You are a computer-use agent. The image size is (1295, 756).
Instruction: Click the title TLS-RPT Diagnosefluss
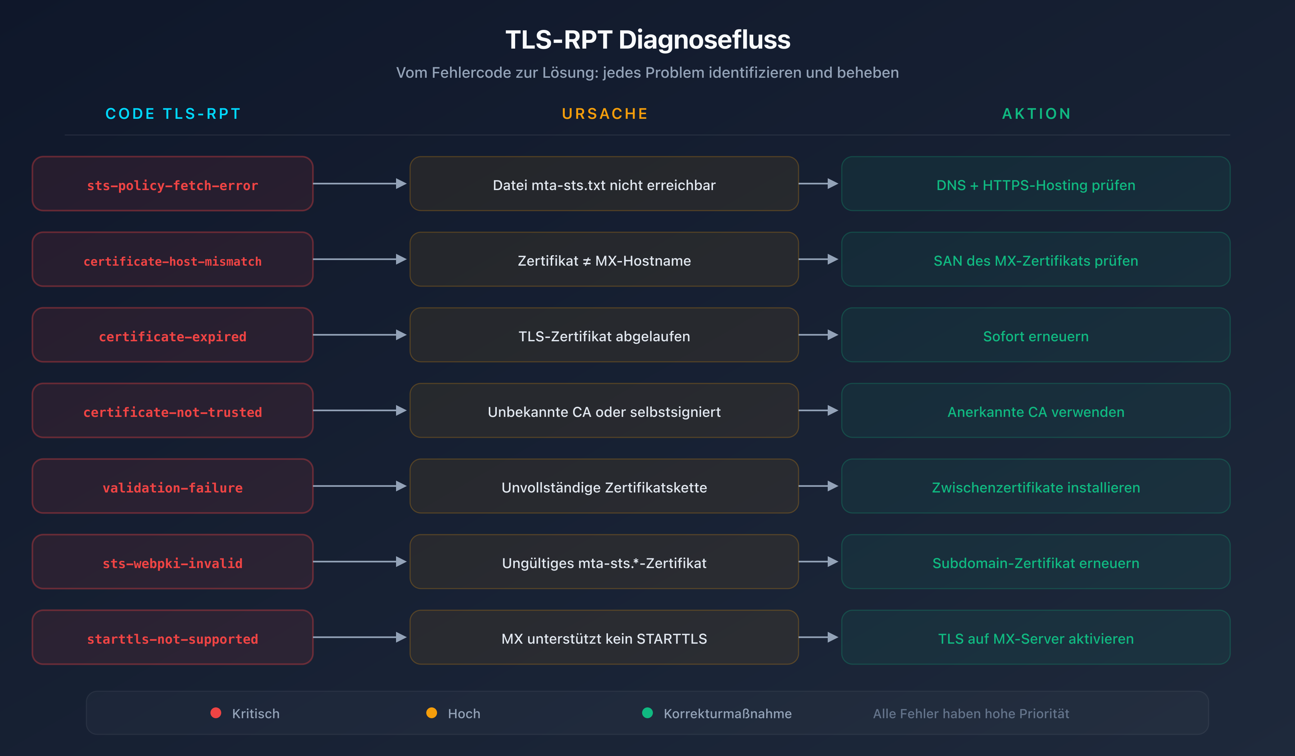tap(647, 40)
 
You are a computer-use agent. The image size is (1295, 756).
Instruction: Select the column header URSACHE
tap(605, 114)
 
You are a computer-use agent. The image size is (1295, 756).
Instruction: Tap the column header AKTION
tap(1036, 114)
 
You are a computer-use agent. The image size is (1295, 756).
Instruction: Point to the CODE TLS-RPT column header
tap(173, 114)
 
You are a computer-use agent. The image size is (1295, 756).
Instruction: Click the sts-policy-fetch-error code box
tap(173, 184)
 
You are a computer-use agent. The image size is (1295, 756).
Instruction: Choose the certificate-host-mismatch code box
tap(173, 260)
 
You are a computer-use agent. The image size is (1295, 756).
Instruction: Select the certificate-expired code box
tap(173, 335)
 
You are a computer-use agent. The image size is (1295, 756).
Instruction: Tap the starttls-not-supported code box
tap(173, 638)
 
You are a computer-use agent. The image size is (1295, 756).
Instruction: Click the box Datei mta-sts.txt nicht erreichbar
tap(604, 184)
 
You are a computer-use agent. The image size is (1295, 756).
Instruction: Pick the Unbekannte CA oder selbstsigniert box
tap(604, 411)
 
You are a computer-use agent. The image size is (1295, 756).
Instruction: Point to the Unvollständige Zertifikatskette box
tap(604, 486)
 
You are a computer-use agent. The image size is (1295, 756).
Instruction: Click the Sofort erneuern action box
tap(1036, 335)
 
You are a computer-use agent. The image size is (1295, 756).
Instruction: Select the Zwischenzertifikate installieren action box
tap(1036, 486)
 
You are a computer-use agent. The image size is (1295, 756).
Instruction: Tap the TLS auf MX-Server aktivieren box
tap(1036, 638)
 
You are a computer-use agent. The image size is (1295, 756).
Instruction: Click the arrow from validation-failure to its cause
tap(360, 486)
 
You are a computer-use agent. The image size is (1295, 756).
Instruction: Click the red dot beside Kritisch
tap(216, 713)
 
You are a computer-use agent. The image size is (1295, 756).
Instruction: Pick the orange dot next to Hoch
tap(432, 713)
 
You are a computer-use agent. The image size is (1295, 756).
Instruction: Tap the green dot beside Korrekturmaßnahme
tap(647, 713)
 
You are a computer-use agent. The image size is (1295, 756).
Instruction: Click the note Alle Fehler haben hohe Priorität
tap(971, 714)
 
